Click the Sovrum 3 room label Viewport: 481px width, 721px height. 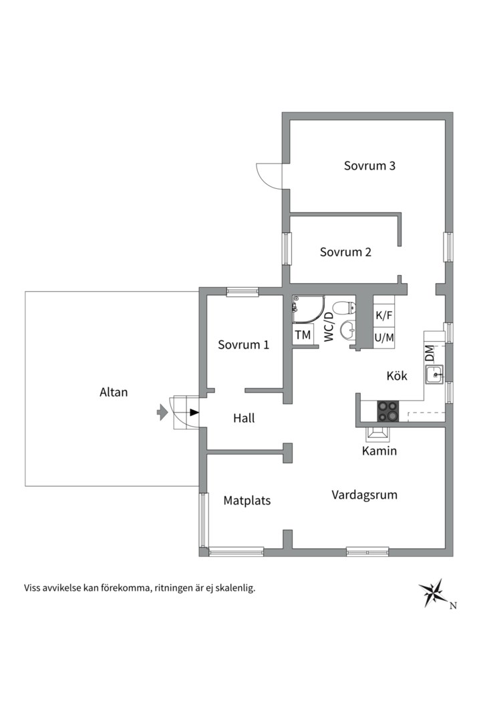tap(369, 166)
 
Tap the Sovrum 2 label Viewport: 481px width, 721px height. tap(345, 252)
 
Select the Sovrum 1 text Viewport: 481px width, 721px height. tap(243, 345)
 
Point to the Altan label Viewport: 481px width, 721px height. tap(113, 393)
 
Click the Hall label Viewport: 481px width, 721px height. tap(244, 419)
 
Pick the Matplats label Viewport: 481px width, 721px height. tap(247, 500)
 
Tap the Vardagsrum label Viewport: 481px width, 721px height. tap(364, 495)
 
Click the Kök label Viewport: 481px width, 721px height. tap(396, 375)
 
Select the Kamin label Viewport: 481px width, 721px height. tap(379, 451)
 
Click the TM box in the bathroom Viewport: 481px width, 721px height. tap(303, 335)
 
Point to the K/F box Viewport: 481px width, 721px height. tap(384, 315)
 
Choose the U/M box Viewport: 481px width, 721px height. tap(384, 338)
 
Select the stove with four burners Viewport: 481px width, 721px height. tap(387, 411)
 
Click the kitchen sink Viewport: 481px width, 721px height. tap(435, 375)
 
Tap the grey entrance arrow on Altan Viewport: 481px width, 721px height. tap(162, 413)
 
